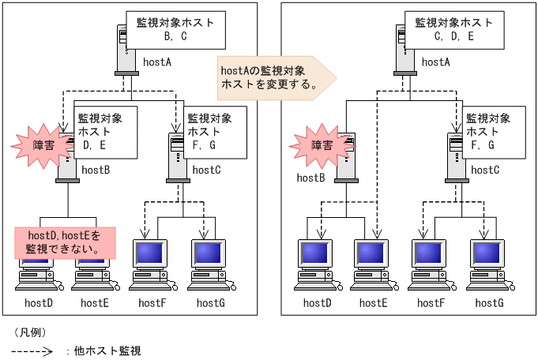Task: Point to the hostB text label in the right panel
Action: tap(311, 178)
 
